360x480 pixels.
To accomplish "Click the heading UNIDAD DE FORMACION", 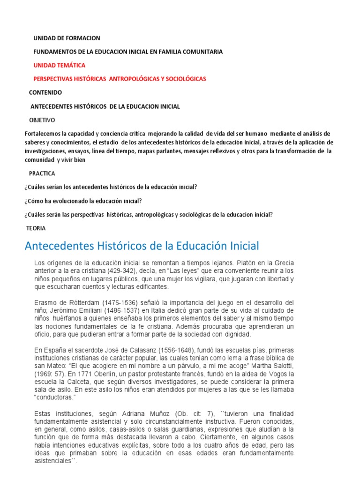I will (x=67, y=38).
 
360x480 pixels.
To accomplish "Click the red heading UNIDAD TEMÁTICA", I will (x=60, y=65).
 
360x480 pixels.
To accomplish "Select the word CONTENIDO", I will (x=45, y=92).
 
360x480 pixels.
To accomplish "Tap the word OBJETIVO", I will (x=42, y=120).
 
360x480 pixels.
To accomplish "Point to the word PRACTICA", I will (x=42, y=173).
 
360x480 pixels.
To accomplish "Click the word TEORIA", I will (x=36, y=228).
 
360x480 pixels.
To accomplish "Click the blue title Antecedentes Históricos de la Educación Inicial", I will (x=141, y=246).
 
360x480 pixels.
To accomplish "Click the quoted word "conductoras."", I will (x=55, y=397).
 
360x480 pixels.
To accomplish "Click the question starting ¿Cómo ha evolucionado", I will (x=82, y=201).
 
